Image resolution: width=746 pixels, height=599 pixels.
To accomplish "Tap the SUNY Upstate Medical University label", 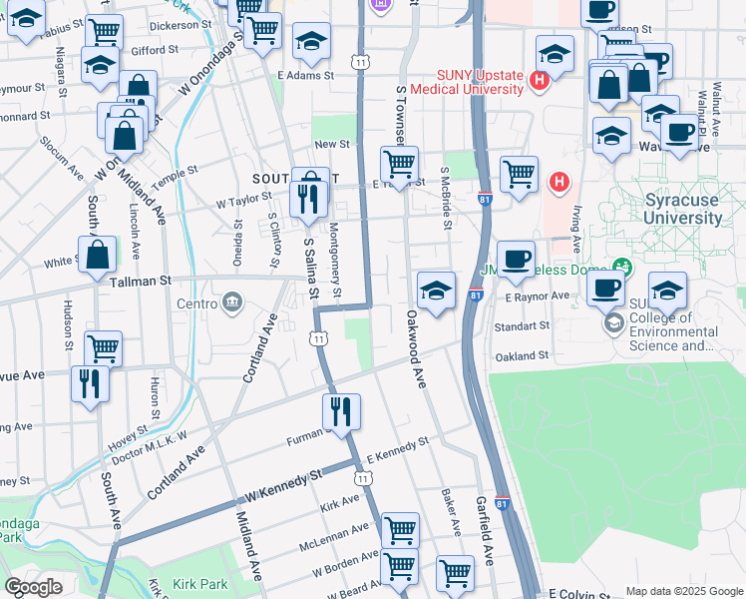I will tap(480, 81).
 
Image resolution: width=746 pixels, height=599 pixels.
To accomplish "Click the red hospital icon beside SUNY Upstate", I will tap(540, 80).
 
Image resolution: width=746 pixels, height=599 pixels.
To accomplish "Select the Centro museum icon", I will tap(232, 301).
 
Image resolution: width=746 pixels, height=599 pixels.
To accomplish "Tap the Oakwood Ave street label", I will tap(415, 348).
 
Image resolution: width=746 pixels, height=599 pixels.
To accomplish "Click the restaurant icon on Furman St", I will tap(341, 411).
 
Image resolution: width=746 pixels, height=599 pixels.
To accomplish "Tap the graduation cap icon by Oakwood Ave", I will tap(436, 290).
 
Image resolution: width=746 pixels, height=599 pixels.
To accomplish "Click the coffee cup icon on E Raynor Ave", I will tap(604, 289).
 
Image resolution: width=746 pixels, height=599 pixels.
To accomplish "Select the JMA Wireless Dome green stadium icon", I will tap(623, 267).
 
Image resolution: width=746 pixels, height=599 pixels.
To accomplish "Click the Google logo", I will tap(34, 587).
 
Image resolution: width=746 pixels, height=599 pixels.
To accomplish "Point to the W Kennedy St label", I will tap(283, 487).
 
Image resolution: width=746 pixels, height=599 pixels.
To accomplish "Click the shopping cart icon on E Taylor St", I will tap(399, 164).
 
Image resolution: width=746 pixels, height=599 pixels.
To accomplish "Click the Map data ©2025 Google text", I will tap(683, 591).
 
